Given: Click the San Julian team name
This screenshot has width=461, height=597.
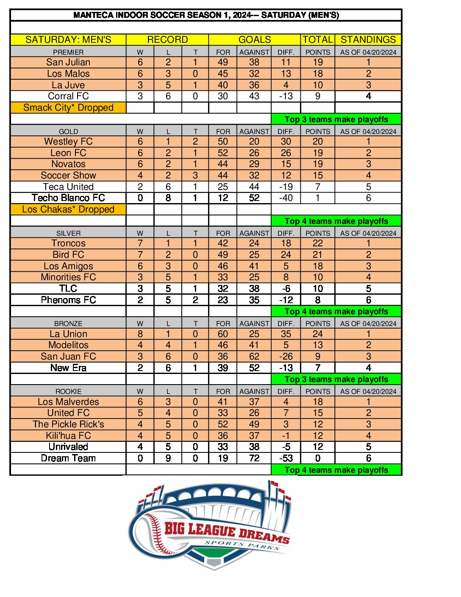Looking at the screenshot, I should [68, 62].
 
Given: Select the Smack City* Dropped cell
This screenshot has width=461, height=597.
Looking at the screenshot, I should [68, 108].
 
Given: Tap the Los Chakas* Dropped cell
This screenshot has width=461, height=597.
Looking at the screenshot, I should [68, 209].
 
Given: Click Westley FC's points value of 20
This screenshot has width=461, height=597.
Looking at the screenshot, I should [318, 142].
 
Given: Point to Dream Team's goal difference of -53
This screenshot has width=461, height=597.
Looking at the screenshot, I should [286, 458].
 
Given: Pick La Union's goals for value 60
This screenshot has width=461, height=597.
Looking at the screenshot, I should [223, 334].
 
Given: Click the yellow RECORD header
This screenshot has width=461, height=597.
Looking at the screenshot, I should [167, 40].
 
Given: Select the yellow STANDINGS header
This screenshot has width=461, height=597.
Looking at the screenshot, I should [368, 40].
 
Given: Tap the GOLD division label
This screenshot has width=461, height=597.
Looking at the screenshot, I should [68, 131].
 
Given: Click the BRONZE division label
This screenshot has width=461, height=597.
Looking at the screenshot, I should [68, 324].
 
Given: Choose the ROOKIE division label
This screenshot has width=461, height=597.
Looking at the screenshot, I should [68, 391].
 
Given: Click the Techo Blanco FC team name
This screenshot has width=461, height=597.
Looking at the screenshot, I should [68, 198].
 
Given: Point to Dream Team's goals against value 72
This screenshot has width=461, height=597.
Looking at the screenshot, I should [254, 458].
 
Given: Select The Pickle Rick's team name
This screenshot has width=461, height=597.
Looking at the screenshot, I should [68, 424].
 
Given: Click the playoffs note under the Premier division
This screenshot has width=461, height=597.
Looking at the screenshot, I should [336, 120].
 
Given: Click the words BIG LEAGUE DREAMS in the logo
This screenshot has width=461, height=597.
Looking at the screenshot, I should [227, 533].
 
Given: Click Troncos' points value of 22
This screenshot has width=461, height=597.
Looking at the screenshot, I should [318, 243].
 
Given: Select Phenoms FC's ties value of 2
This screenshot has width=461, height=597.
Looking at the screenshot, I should [195, 300].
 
